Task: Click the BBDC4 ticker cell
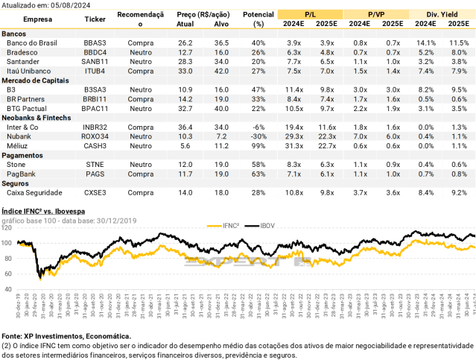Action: (x=99, y=52)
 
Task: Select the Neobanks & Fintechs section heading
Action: (x=37, y=118)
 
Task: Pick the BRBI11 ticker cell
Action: (x=99, y=98)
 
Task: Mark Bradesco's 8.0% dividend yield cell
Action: (x=460, y=52)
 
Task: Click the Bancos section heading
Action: (x=15, y=34)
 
